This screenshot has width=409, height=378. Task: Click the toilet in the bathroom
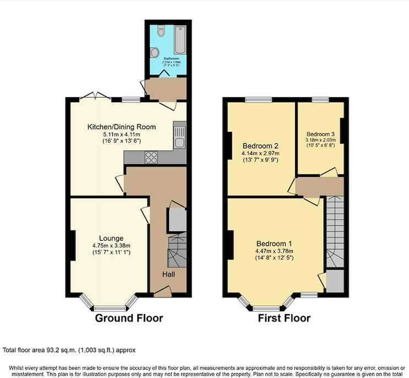(161, 32)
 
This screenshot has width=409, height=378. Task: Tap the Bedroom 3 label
(320, 134)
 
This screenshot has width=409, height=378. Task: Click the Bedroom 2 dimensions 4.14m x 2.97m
(260, 153)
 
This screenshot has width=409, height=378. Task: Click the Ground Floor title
(129, 318)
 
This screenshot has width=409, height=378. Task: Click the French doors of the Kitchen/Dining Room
(96, 97)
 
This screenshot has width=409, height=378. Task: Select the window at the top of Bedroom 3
(320, 99)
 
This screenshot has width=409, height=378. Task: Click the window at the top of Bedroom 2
(259, 99)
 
